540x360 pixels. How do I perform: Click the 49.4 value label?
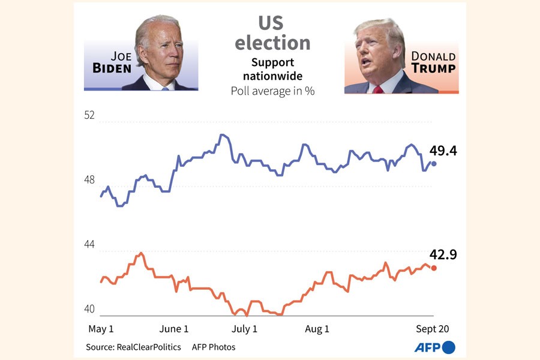443,151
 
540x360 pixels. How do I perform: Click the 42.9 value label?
443,255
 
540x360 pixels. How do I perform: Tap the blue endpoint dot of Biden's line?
434,163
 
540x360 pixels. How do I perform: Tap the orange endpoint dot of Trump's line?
434,268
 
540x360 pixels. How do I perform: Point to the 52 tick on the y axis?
89,116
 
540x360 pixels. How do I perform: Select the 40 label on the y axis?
89,309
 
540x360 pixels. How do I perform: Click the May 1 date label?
101,329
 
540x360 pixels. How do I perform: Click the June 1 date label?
175,329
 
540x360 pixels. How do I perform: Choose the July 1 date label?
245,329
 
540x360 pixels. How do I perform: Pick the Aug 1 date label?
317,329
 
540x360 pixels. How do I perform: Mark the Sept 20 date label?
433,329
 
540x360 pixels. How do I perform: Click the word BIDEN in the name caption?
112,68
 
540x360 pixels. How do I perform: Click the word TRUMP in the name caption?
433,68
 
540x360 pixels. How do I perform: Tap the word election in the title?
272,43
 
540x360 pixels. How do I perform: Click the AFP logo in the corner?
435,347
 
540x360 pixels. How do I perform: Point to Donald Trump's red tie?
378,89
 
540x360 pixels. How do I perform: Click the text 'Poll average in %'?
273,91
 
